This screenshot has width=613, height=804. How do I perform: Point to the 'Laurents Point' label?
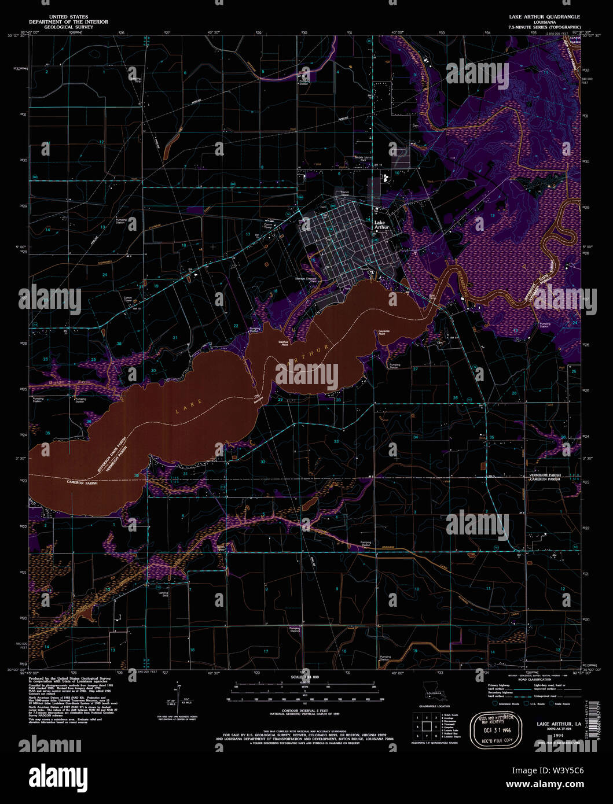(382, 333)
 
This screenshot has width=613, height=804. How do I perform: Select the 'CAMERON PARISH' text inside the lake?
(83, 482)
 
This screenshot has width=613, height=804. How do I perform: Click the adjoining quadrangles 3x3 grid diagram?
(425, 726)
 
